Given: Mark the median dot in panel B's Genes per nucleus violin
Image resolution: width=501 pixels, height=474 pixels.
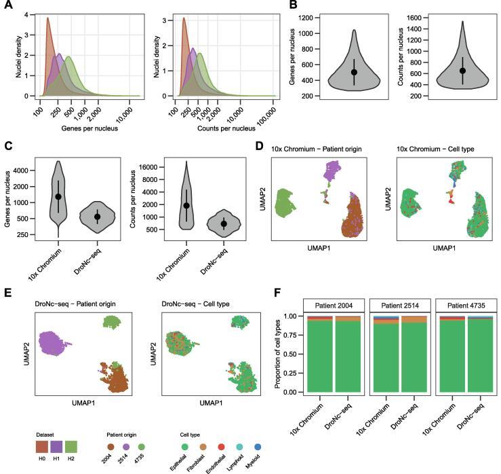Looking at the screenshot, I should pos(354,71).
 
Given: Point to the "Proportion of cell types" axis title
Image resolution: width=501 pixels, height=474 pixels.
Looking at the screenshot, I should pos(278,355).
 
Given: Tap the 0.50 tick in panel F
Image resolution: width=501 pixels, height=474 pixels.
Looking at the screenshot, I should pos(294,354).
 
